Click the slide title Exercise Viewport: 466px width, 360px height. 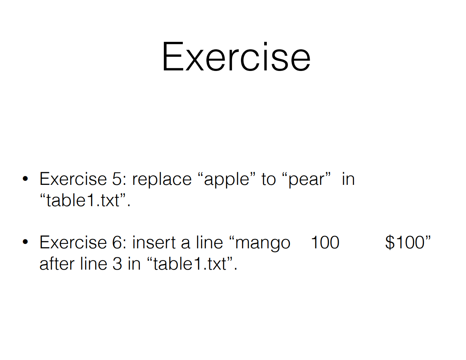pos(237,56)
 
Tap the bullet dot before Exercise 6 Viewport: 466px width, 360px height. pos(25,242)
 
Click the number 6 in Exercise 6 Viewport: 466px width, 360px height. pos(117,242)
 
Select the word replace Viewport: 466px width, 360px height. pos(162,180)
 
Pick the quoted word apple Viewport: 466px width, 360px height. pos(227,180)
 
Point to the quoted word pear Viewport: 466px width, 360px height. pos(307,180)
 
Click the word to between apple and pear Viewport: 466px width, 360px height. pos(269,179)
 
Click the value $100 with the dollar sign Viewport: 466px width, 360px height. pos(405,242)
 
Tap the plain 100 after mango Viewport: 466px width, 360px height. pos(325,242)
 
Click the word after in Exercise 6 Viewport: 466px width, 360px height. pos(57,263)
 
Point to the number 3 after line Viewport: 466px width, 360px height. pos(117,263)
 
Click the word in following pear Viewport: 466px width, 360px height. pos(348,179)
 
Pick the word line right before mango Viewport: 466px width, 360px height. pos(209,242)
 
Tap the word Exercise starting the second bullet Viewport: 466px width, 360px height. pos(73,242)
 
